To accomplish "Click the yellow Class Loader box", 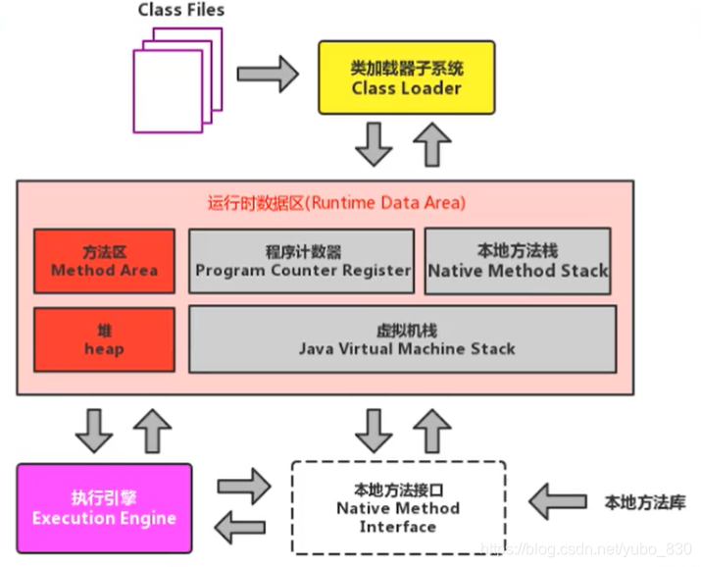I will (406, 78).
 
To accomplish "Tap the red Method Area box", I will (104, 261).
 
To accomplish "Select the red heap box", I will (104, 339).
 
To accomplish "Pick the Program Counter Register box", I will (301, 261).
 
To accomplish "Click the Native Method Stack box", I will (518, 261).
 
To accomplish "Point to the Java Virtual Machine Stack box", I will (402, 339).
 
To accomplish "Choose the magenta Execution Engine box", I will (104, 509).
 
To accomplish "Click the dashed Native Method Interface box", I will (398, 509).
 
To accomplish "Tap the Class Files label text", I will (180, 12).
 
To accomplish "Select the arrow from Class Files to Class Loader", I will (267, 72).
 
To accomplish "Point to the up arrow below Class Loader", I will (431, 145).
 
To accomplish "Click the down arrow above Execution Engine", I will (94, 430).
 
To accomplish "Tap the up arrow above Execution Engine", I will (151, 430).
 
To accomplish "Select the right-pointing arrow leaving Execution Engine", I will (243, 485).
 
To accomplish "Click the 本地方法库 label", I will (644, 502).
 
